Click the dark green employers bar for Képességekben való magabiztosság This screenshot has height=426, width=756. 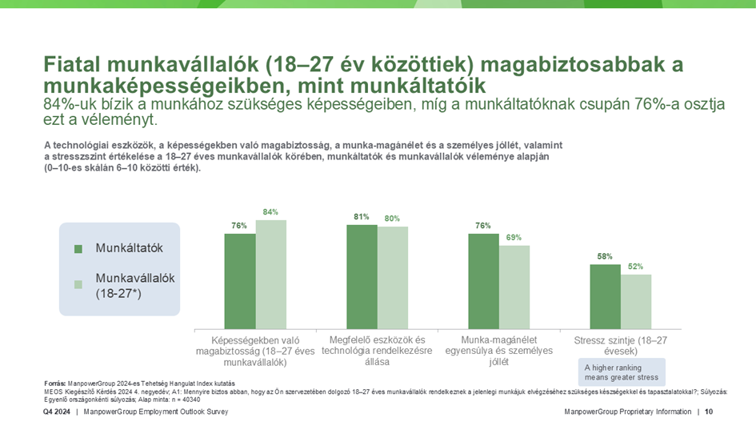click(239, 280)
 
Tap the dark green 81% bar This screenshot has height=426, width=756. click(362, 275)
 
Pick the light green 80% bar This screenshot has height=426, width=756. click(393, 277)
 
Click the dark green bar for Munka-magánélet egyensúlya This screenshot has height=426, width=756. click(483, 280)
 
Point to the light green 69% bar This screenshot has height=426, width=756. click(514, 286)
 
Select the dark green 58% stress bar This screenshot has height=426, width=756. click(605, 295)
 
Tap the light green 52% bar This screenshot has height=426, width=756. click(636, 300)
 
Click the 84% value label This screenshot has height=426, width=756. click(270, 212)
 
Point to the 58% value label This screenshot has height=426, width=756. click(605, 256)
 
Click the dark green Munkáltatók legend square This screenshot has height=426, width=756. click(78, 249)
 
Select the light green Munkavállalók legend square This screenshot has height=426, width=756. click(78, 284)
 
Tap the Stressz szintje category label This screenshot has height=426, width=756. click(621, 346)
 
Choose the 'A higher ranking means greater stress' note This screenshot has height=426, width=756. click(621, 372)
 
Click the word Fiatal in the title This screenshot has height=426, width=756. click(72, 64)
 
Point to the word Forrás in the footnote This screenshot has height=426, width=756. click(54, 384)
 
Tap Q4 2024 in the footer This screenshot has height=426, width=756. click(56, 412)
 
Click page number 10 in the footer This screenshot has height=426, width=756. click(709, 412)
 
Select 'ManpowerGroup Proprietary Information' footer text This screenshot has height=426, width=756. click(627, 412)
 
